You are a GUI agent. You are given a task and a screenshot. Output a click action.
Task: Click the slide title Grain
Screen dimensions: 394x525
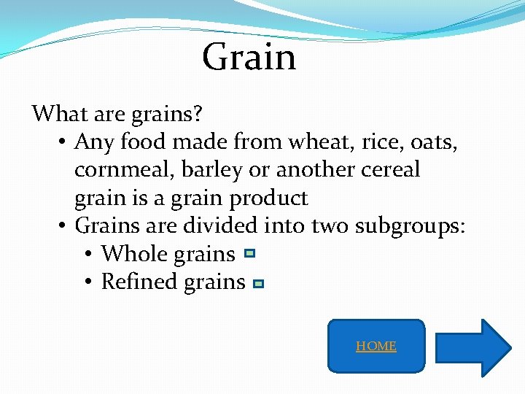tap(249, 57)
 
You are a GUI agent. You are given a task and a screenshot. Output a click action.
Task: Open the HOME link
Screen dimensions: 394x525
tap(376, 346)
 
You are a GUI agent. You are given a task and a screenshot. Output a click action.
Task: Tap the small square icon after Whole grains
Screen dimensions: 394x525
tap(249, 254)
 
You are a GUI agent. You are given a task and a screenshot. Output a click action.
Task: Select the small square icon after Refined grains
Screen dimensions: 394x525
tap(258, 284)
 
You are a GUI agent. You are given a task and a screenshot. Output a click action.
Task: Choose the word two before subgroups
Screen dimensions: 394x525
tap(330, 226)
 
